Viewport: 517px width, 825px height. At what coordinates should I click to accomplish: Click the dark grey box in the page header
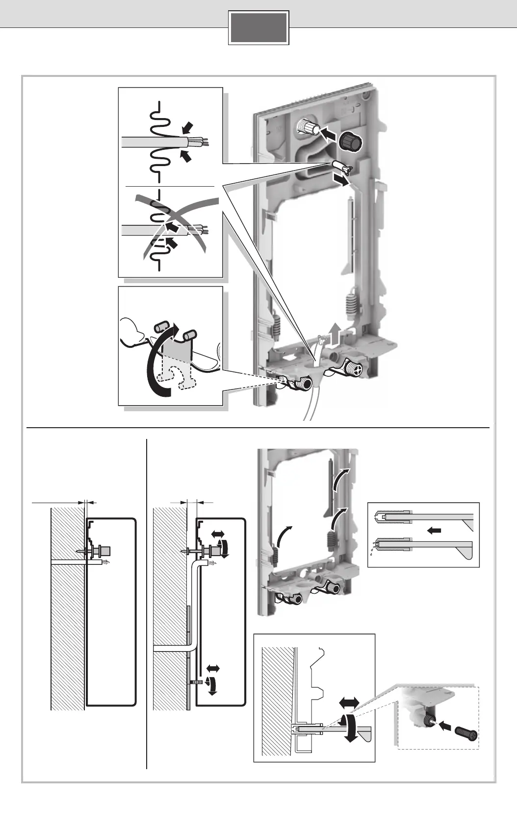(258, 28)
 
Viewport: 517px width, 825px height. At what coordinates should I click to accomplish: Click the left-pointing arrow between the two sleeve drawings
(435, 530)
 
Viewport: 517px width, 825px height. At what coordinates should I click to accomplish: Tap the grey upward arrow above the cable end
(335, 336)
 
